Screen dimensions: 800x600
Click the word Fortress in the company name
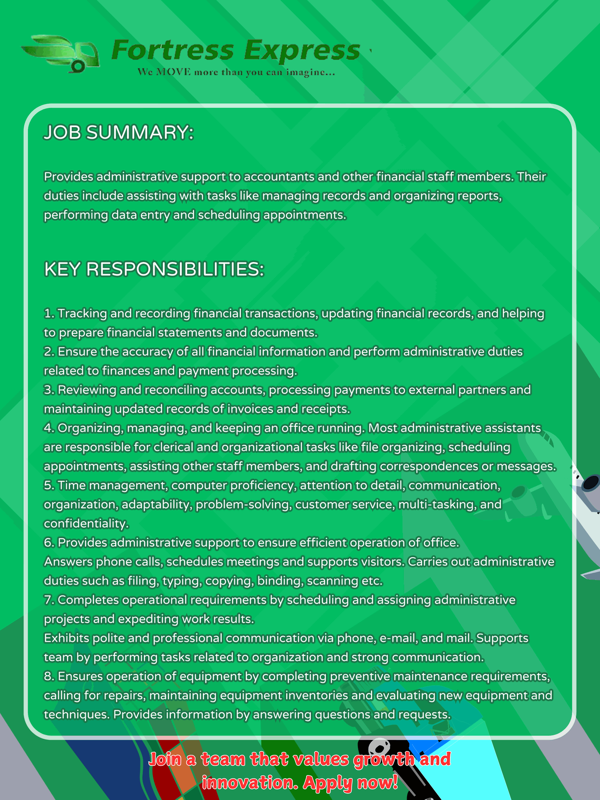172,50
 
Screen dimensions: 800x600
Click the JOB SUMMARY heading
119,132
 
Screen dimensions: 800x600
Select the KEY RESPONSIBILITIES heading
154,269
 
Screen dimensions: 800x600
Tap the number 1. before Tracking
49,313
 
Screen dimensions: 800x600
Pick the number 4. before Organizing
49,428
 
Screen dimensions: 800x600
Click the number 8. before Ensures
49,676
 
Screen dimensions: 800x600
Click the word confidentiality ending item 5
86,523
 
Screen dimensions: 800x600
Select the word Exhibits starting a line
67,638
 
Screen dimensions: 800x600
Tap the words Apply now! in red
350,782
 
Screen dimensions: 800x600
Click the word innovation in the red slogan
250,782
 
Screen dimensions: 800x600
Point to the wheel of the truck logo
77,65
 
